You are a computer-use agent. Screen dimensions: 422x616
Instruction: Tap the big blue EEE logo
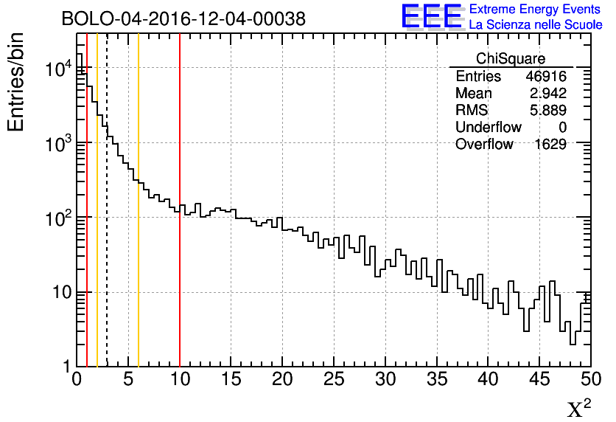[x=433, y=17]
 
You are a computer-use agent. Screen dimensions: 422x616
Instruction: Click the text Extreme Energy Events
[x=535, y=10]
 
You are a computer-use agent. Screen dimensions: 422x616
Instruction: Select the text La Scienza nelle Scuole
[x=535, y=25]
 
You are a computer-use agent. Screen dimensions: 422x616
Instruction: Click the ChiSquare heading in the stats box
[x=511, y=59]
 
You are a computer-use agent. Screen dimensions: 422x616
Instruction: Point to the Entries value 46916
[x=546, y=77]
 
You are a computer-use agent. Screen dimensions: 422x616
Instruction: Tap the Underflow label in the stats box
[x=489, y=128]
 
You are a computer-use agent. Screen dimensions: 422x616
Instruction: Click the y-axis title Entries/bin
[x=17, y=82]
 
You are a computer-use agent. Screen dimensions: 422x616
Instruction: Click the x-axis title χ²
[x=578, y=408]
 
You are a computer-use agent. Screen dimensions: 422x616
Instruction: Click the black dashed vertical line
[x=107, y=221]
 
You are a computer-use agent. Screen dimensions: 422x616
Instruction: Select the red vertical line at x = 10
[x=180, y=221]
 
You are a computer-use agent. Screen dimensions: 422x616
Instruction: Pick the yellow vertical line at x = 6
[x=139, y=221]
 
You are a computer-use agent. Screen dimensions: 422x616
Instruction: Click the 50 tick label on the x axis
[x=589, y=381]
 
